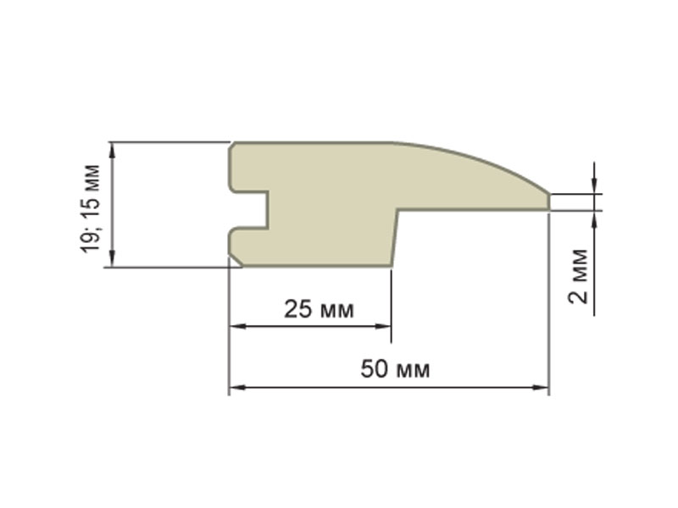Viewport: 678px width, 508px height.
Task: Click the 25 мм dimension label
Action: pyautogui.click(x=319, y=310)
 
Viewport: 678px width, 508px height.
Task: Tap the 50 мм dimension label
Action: pyautogui.click(x=395, y=369)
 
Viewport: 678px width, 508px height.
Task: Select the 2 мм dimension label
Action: pyautogui.click(x=579, y=277)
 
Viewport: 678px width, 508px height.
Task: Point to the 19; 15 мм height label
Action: pyautogui.click(x=91, y=209)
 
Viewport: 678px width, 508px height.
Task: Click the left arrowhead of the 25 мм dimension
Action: pyautogui.click(x=237, y=326)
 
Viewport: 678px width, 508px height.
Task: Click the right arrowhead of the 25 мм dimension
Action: pyautogui.click(x=383, y=326)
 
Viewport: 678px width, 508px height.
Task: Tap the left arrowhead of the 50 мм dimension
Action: pyautogui.click(x=237, y=388)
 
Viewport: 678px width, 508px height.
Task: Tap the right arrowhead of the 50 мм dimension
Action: pyautogui.click(x=541, y=388)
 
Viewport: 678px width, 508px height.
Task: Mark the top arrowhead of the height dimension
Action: pyautogui.click(x=113, y=152)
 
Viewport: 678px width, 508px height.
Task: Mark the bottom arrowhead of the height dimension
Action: pyautogui.click(x=113, y=258)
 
